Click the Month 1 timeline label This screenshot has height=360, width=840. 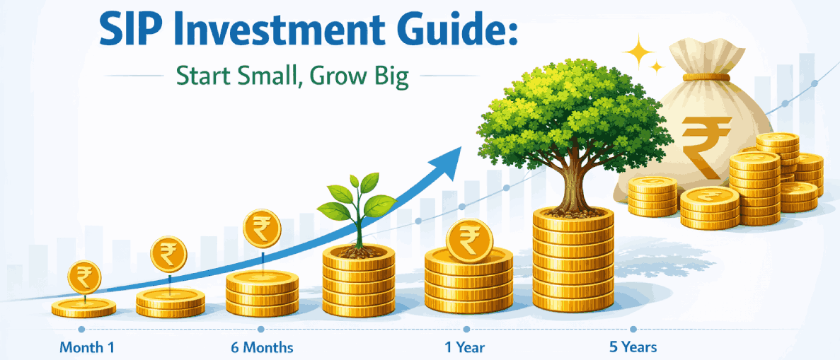(x=86, y=347)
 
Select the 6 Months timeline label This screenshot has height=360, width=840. (x=262, y=347)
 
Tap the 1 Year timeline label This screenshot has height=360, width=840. (x=464, y=347)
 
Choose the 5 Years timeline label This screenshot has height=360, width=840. (x=633, y=347)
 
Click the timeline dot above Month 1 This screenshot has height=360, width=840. (x=81, y=330)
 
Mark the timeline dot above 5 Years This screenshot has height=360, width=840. (x=633, y=330)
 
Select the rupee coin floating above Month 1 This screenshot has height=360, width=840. (x=84, y=277)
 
